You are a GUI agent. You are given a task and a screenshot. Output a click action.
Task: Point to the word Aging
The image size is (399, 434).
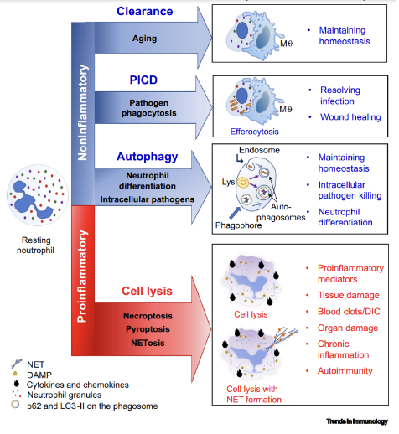coord(145,39)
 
